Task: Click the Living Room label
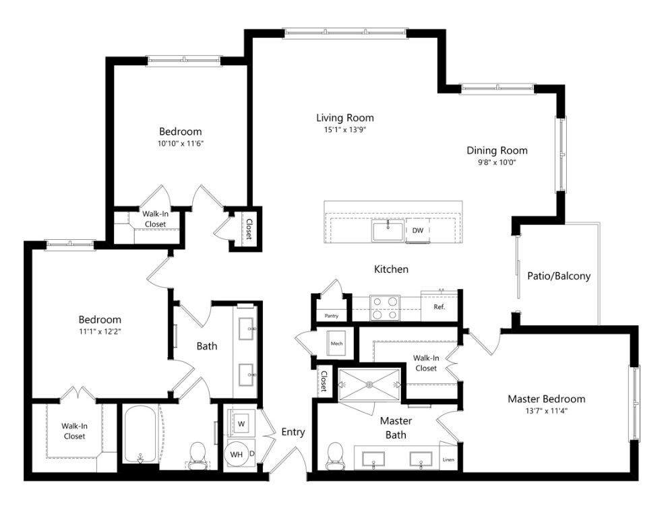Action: (x=344, y=118)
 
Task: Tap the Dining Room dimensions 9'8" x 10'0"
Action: (x=497, y=162)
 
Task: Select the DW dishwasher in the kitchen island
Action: (x=418, y=230)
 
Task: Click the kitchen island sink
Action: (x=388, y=231)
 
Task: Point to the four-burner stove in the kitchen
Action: (x=385, y=309)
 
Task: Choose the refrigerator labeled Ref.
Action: (x=439, y=307)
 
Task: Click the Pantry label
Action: (x=331, y=315)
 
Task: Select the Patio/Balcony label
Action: (x=559, y=276)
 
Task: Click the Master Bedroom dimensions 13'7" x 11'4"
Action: (x=546, y=411)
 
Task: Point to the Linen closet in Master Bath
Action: (x=449, y=460)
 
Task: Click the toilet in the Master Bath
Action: (x=334, y=455)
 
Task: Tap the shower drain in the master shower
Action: (x=370, y=385)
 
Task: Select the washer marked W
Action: (x=241, y=424)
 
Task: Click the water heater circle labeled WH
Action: (x=237, y=455)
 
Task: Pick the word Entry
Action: (x=293, y=432)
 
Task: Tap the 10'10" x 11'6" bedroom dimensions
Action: (x=180, y=144)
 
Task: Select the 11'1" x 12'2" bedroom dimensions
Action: (x=99, y=331)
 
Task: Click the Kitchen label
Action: (x=391, y=269)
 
